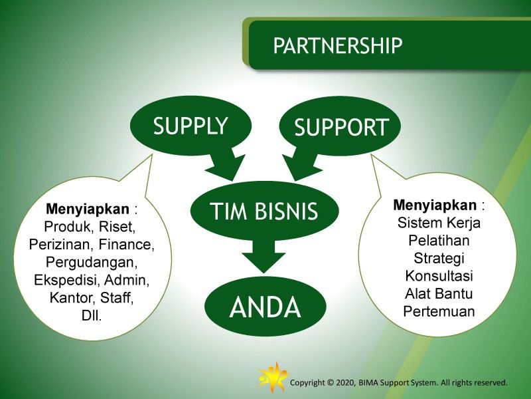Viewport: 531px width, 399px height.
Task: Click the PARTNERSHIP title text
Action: point(338,45)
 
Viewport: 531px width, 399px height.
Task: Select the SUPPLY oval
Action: point(190,126)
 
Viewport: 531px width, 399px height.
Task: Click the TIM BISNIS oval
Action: point(264,211)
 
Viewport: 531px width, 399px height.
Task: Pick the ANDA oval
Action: point(265,307)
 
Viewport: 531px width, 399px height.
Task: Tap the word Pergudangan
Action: point(92,261)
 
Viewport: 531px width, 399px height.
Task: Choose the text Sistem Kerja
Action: point(439,222)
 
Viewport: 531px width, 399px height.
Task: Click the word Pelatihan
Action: point(439,240)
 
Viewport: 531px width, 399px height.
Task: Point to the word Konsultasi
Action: point(439,275)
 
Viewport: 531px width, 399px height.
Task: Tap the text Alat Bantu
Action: point(439,293)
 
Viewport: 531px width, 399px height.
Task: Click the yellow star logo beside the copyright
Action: point(272,377)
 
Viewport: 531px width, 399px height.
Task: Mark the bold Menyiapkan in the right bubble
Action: point(435,204)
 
